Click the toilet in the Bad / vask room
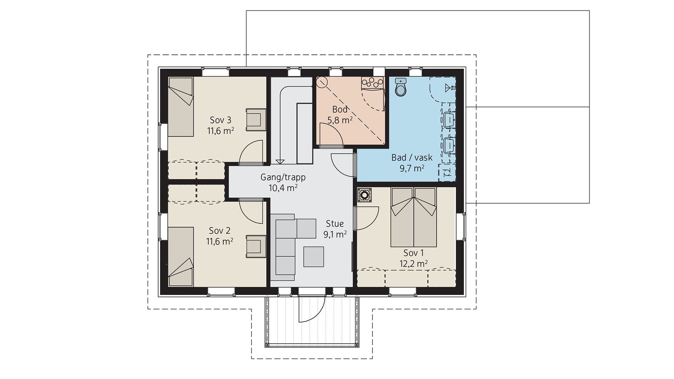pyautogui.click(x=401, y=87)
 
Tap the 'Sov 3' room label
pyautogui.click(x=221, y=120)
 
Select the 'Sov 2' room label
pyautogui.click(x=219, y=231)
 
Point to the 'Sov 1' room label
pyautogui.click(x=413, y=253)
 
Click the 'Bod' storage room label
pyautogui.click(x=340, y=109)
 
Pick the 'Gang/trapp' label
pyautogui.click(x=283, y=177)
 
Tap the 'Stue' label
pyautogui.click(x=334, y=224)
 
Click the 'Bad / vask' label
pyautogui.click(x=412, y=157)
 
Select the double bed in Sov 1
pyautogui.click(x=413, y=217)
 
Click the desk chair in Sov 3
pyautogui.click(x=256, y=119)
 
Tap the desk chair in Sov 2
pyautogui.click(x=256, y=247)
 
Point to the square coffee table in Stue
pyautogui.click(x=313, y=256)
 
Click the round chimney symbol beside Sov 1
pyautogui.click(x=364, y=195)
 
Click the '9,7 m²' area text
pyautogui.click(x=412, y=168)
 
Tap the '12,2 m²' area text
pyautogui.click(x=413, y=264)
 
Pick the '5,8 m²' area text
pyautogui.click(x=340, y=120)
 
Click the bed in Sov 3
pyautogui.click(x=181, y=107)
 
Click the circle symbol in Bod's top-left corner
pyautogui.click(x=322, y=83)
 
